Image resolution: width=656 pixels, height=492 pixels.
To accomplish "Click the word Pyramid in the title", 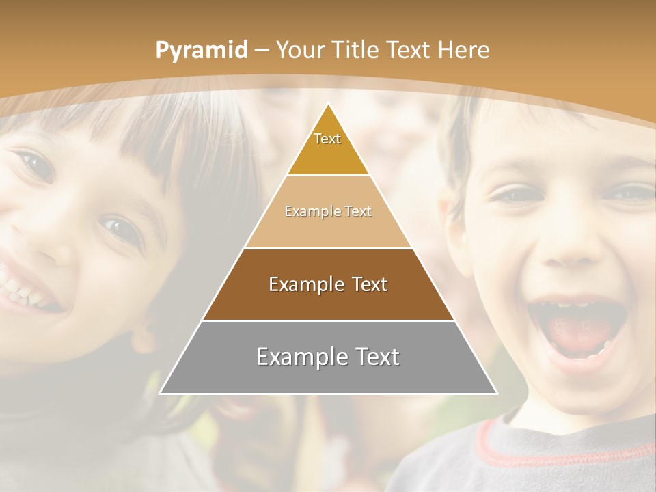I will (202, 51).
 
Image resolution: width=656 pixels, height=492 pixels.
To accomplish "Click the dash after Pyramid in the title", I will (262, 51).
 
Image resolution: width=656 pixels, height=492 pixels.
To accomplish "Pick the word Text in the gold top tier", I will (327, 139).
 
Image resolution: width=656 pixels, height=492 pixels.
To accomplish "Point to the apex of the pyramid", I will (328, 104).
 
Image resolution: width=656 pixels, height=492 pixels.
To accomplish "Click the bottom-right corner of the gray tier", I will (497, 394).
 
